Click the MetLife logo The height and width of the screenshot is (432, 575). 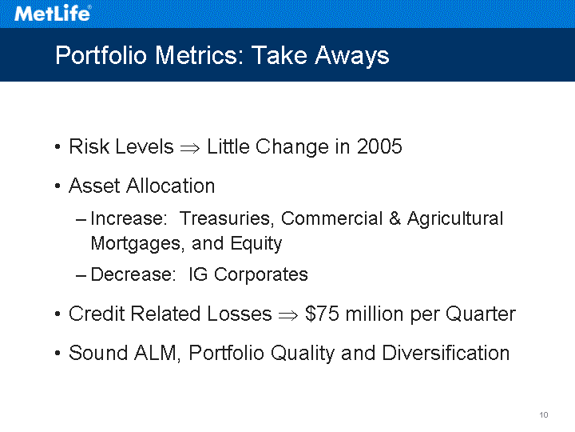click(x=53, y=14)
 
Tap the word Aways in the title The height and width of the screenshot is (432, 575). click(x=351, y=56)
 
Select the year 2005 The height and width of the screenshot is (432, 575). click(x=379, y=146)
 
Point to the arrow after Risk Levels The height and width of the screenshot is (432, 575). click(x=190, y=148)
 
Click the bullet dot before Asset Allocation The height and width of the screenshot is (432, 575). click(x=57, y=186)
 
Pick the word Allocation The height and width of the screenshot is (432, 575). click(x=170, y=186)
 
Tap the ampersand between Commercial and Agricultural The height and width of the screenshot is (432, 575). click(x=395, y=218)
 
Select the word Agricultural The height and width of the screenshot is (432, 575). click(x=455, y=219)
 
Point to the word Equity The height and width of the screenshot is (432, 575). click(x=256, y=244)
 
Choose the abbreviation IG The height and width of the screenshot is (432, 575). click(x=198, y=274)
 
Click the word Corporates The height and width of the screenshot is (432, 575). click(x=260, y=275)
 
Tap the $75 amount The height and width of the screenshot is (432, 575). click(x=322, y=314)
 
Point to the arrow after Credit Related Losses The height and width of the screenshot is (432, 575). click(x=288, y=315)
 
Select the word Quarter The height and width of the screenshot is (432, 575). click(x=481, y=314)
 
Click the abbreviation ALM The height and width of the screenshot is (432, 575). click(x=157, y=354)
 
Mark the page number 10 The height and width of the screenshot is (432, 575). click(x=544, y=414)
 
